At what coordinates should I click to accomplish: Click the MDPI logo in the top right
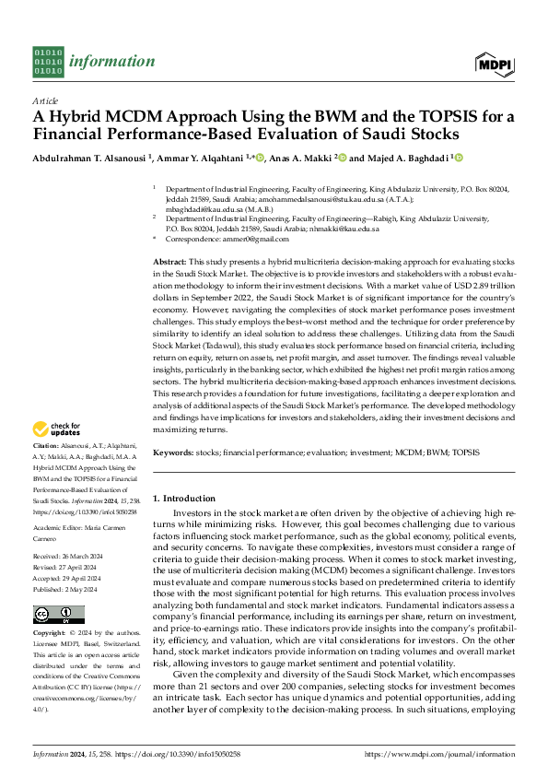click(x=495, y=63)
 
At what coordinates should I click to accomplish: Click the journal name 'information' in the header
click(x=112, y=61)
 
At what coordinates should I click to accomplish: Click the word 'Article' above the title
click(x=45, y=100)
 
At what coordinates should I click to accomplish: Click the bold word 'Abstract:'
click(x=170, y=263)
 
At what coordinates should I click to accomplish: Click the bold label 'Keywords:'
click(x=173, y=453)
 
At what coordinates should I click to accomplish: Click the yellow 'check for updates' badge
click(x=56, y=429)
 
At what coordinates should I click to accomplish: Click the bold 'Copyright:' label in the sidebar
click(x=50, y=635)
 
